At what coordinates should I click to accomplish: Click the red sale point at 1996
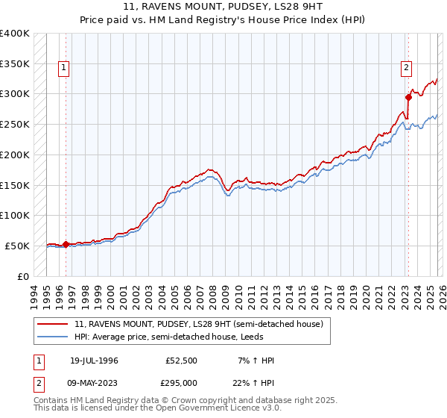click(x=66, y=243)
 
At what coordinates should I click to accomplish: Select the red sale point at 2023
click(x=408, y=96)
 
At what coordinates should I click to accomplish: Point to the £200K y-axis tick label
click(x=14, y=155)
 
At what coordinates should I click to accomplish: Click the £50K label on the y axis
click(x=17, y=246)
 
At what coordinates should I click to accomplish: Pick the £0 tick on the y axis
click(x=22, y=276)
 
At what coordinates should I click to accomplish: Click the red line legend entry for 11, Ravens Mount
click(x=198, y=324)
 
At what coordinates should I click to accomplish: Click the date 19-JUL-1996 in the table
click(x=95, y=361)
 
